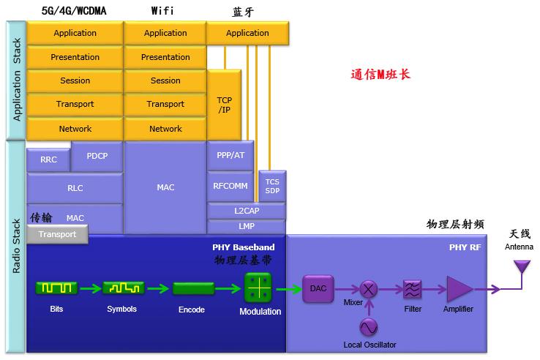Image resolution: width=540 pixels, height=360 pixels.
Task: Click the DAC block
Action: tap(318, 288)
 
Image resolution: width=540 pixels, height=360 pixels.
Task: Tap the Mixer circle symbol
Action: tap(368, 289)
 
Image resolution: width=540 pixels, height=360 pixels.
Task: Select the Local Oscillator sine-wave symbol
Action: tap(368, 326)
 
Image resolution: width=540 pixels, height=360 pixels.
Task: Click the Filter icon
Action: tap(413, 289)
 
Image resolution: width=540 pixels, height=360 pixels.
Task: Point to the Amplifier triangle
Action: tap(460, 289)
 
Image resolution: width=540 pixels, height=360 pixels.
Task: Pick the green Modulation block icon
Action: tap(258, 288)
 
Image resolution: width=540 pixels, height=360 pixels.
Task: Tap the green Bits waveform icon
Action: tap(56, 288)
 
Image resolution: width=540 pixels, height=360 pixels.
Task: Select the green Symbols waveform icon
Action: tap(122, 288)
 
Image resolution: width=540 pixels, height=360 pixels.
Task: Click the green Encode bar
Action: tap(193, 288)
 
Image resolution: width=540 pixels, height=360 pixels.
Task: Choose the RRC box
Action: tap(48, 160)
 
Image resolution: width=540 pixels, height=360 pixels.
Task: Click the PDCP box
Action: tap(97, 156)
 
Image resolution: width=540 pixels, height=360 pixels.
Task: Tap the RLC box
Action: tap(75, 188)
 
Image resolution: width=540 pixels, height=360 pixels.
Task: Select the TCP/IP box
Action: tap(224, 104)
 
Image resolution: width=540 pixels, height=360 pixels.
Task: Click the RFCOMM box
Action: tap(230, 186)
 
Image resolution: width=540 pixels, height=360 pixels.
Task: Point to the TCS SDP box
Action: tap(272, 186)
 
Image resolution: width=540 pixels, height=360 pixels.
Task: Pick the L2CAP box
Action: tap(247, 211)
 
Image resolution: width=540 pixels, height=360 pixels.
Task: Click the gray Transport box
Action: tap(57, 234)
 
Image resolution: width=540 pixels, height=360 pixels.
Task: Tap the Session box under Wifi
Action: tap(165, 80)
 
